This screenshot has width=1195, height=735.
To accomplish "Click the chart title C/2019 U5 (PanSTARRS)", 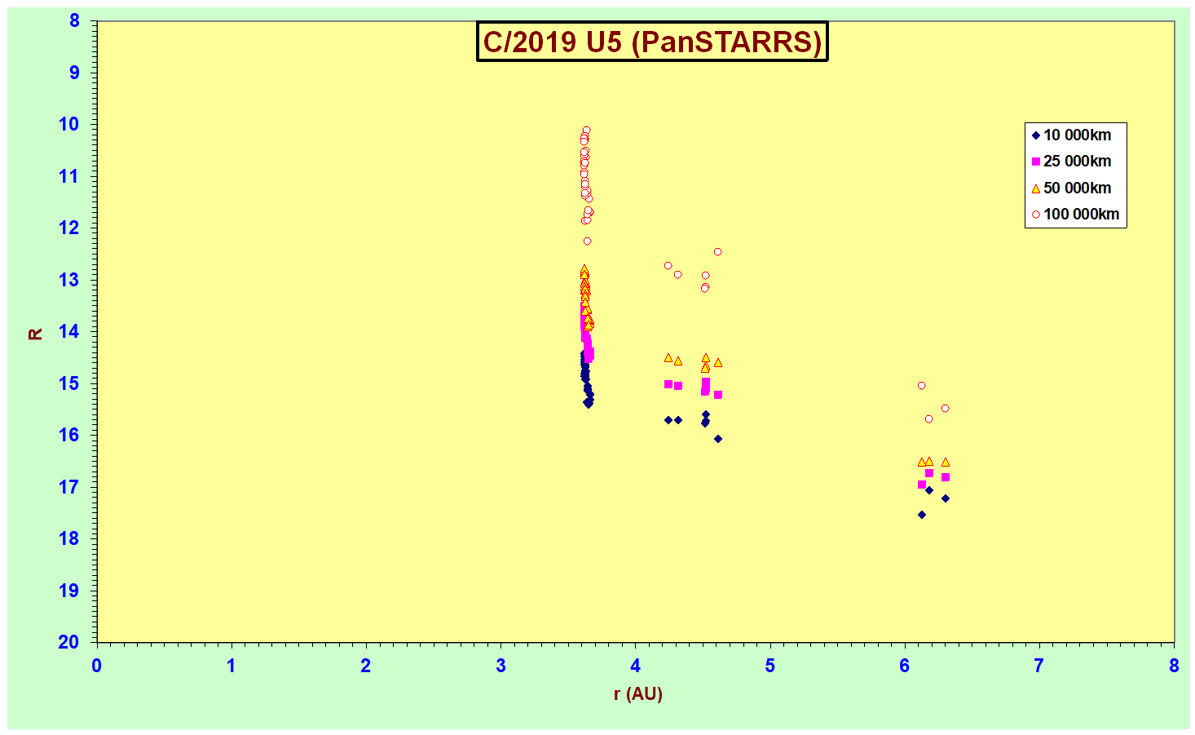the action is (x=652, y=42).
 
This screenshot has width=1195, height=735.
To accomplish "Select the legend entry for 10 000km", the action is (x=1071, y=135).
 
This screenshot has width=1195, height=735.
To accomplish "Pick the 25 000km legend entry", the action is (x=1071, y=162).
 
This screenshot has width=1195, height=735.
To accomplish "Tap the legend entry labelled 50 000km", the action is (x=1071, y=188).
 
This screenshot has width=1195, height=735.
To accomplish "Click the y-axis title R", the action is (x=35, y=334).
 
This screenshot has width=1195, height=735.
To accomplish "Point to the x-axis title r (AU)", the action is (x=638, y=693).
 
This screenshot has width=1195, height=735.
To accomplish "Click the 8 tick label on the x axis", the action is (x=1174, y=666).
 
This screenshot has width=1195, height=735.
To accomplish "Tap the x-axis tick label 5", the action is (x=769, y=666).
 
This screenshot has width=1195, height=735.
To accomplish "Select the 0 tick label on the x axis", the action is (x=96, y=666).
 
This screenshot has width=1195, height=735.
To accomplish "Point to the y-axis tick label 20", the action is (x=68, y=641).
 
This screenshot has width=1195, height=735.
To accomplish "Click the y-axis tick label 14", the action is (x=68, y=331).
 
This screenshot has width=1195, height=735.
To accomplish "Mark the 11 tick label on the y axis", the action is (x=68, y=176).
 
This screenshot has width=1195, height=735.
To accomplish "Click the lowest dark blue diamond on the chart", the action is (x=921, y=515).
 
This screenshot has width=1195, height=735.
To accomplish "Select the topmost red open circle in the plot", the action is (x=586, y=131).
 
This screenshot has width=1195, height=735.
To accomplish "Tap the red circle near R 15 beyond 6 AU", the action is (x=921, y=385).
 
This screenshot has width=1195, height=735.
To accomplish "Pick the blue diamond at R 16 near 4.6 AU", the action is (x=718, y=439).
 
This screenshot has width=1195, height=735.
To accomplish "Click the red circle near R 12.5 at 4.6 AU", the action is (x=717, y=252).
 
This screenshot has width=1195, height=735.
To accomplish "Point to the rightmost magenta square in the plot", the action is (x=946, y=477).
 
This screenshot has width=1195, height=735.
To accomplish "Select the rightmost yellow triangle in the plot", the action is (x=946, y=463).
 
